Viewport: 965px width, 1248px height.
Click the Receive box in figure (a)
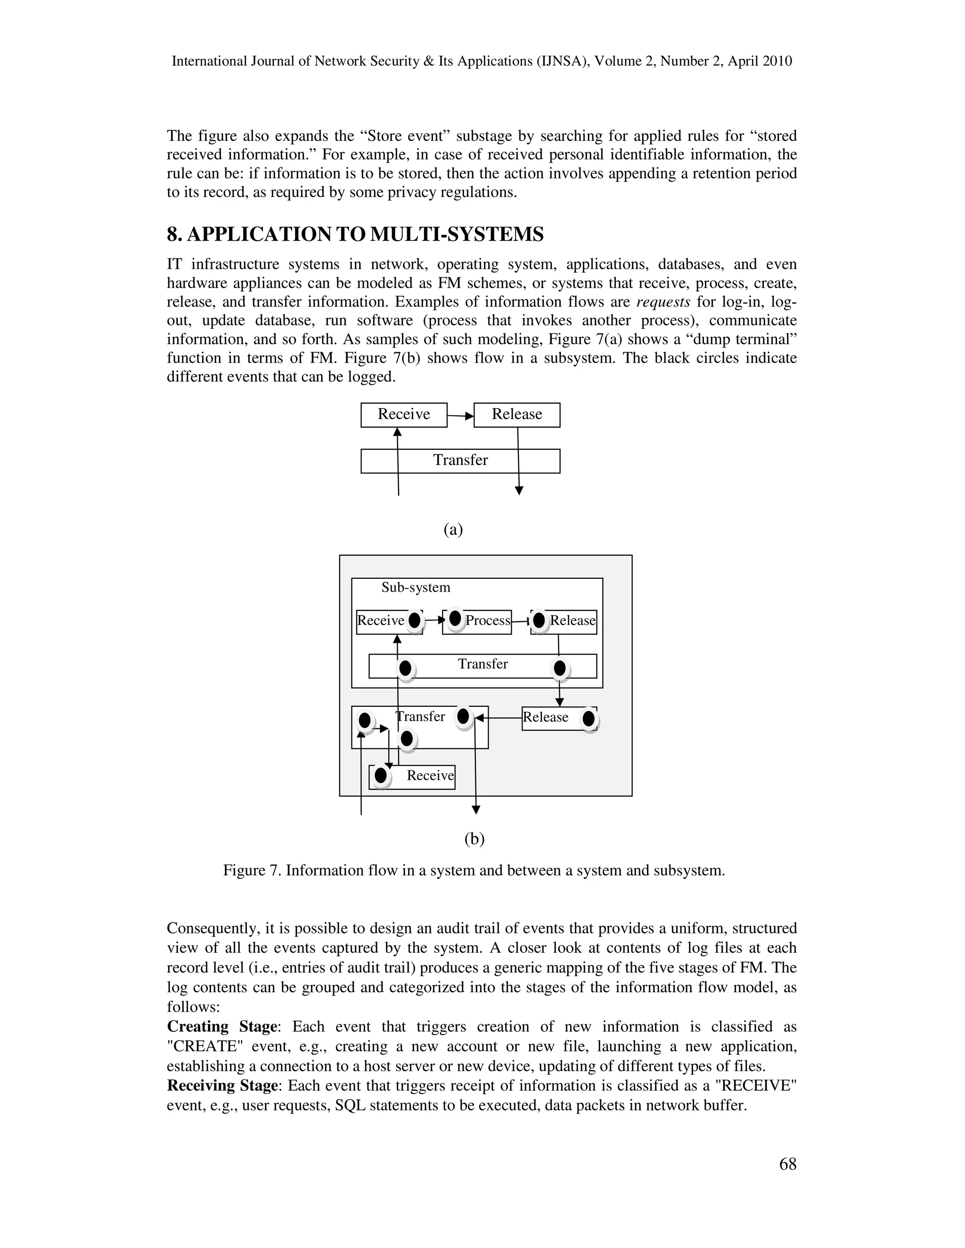(x=404, y=414)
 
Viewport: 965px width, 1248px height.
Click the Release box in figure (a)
(x=517, y=414)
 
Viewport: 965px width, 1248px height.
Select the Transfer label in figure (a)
(x=460, y=460)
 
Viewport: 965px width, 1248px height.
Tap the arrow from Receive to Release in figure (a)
(x=461, y=416)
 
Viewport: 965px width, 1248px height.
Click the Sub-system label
(x=416, y=587)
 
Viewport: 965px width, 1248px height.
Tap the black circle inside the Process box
(x=455, y=618)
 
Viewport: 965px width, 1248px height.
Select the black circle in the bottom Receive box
(x=380, y=776)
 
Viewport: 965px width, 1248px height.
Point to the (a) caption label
(x=453, y=529)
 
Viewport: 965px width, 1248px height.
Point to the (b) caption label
(x=474, y=838)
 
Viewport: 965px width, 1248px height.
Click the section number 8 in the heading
(x=172, y=234)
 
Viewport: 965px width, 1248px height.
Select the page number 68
(x=787, y=1164)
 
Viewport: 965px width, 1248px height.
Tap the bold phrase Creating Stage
(x=222, y=1027)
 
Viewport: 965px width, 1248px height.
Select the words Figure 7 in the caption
(x=252, y=870)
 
